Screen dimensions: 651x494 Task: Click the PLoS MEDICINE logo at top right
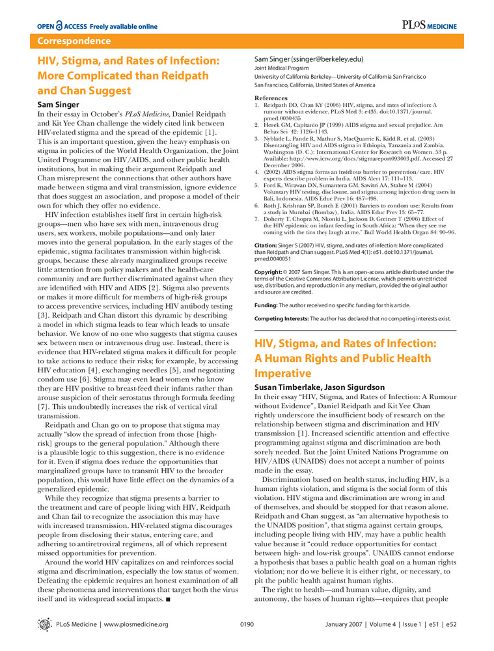point(429,25)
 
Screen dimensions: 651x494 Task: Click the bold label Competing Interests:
point(281,319)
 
